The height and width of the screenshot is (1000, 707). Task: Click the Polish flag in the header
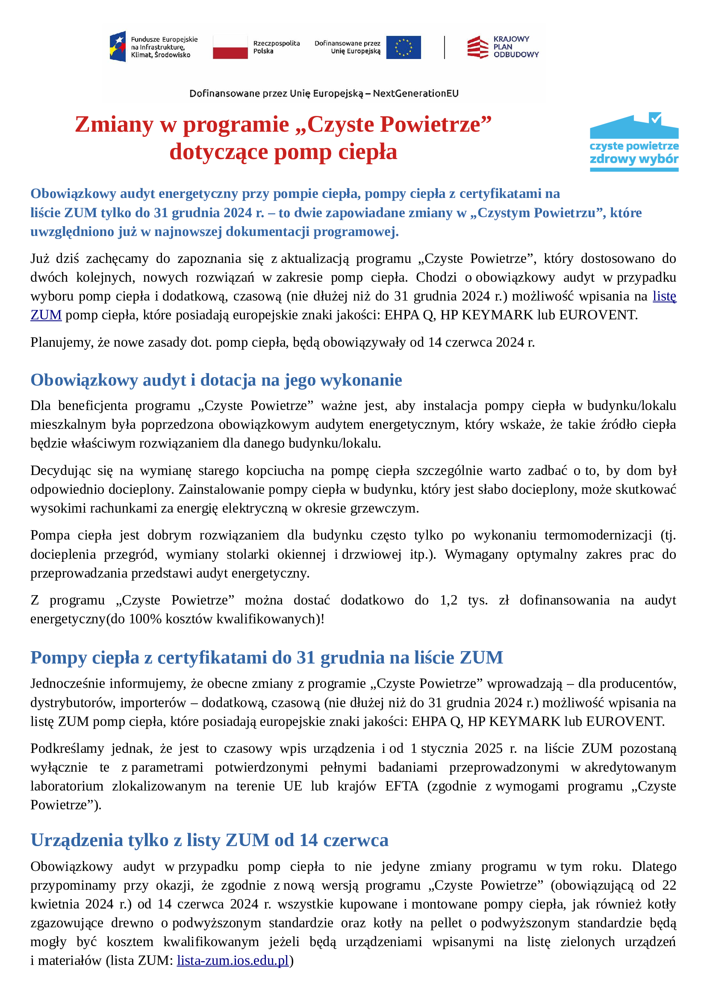click(230, 47)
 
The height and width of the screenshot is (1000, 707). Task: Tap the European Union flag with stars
click(403, 47)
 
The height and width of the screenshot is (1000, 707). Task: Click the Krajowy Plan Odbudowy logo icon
click(477, 47)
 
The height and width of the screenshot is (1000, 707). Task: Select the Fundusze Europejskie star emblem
click(118, 46)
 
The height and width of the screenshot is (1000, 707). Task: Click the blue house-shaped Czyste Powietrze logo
click(634, 142)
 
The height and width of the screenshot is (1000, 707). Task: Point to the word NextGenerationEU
click(415, 93)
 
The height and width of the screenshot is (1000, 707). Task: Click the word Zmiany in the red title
click(114, 124)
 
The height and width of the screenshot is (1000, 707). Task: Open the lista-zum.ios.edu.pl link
click(233, 960)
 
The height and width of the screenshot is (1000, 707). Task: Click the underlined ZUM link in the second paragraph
click(46, 315)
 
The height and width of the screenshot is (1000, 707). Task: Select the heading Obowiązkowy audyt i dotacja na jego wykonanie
click(216, 380)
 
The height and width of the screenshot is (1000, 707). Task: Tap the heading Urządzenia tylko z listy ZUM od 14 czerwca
click(209, 840)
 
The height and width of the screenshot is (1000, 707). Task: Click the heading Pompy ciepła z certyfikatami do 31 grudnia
click(266, 658)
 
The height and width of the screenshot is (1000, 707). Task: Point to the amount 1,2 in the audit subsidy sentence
click(448, 600)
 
